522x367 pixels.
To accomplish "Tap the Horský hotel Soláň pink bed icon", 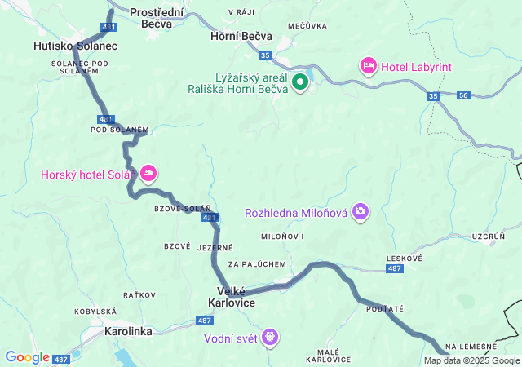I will (148, 173).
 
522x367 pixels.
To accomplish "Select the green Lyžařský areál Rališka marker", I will (300, 82).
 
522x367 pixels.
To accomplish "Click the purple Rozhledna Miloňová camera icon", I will (361, 213).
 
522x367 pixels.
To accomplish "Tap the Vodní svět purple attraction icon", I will (271, 336).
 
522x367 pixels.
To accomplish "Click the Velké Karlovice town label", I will (236, 297).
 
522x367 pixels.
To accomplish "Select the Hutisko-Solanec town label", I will (76, 46).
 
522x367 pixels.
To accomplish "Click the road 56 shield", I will (463, 95).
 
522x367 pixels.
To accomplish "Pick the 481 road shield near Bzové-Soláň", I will (210, 218).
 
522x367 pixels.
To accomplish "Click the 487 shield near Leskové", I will (395, 268).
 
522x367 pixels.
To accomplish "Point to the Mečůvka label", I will (307, 26).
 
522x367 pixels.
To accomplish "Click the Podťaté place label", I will (385, 309).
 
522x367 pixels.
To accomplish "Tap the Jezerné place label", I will (215, 247).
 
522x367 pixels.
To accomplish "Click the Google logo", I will (27, 357).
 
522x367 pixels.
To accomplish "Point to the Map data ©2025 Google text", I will (471, 360).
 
